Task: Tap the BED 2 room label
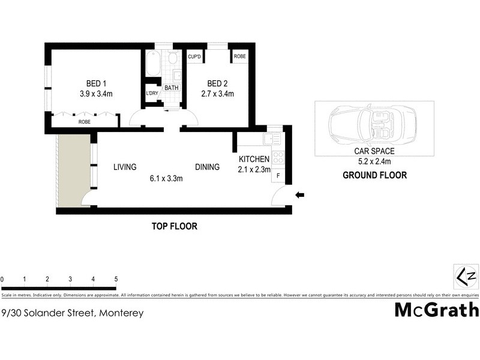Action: point(216,83)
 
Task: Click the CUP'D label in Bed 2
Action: point(194,56)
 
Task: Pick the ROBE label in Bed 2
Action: point(240,56)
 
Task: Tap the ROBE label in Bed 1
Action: point(85,122)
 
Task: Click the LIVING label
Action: point(125,167)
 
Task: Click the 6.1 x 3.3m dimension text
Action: point(166,178)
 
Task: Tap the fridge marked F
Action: point(279,177)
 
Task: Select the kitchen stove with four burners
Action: point(278,157)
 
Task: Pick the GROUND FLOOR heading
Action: point(374,176)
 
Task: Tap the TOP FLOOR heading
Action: point(174,227)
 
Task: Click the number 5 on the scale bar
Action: point(116,280)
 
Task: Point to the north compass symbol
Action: point(466,277)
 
